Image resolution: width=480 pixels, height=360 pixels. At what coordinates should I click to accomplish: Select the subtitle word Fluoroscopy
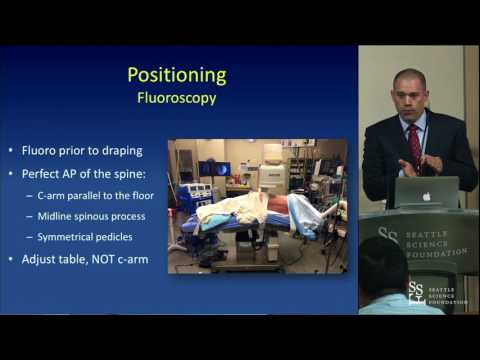(176, 99)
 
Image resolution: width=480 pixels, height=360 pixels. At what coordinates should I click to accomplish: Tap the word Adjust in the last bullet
(42, 261)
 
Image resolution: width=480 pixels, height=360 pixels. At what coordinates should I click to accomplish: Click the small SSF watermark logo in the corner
(417, 292)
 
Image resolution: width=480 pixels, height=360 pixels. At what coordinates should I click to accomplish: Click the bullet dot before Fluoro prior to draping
(13, 152)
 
